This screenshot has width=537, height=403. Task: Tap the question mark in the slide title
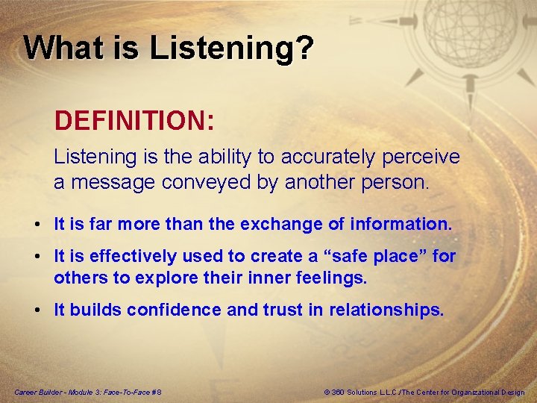click(x=304, y=48)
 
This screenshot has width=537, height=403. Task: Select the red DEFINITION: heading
click(x=134, y=119)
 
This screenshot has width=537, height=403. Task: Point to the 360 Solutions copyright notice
click(x=424, y=393)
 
